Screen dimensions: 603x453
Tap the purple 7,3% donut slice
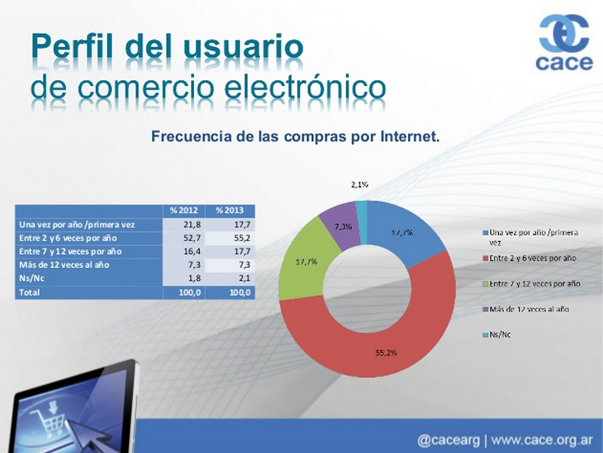(x=341, y=225)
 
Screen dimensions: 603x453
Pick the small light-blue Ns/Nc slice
(x=362, y=222)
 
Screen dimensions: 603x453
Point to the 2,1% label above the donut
(x=359, y=184)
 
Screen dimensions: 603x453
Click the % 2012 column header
(x=184, y=211)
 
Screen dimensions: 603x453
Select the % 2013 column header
(x=230, y=211)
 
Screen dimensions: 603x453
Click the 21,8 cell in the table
(x=192, y=224)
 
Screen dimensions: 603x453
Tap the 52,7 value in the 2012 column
(x=192, y=238)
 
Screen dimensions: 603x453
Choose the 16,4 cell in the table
(x=192, y=251)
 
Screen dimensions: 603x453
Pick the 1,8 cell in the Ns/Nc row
(x=195, y=279)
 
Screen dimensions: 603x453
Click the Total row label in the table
(x=29, y=293)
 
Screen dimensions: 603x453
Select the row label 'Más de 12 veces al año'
(x=64, y=265)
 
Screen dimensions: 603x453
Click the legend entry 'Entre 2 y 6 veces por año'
(x=529, y=258)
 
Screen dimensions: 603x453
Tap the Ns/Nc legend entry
(x=497, y=335)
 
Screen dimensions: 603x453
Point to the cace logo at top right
(x=564, y=42)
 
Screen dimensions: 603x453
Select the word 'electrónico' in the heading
(x=305, y=88)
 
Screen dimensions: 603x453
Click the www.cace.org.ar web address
(x=542, y=441)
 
